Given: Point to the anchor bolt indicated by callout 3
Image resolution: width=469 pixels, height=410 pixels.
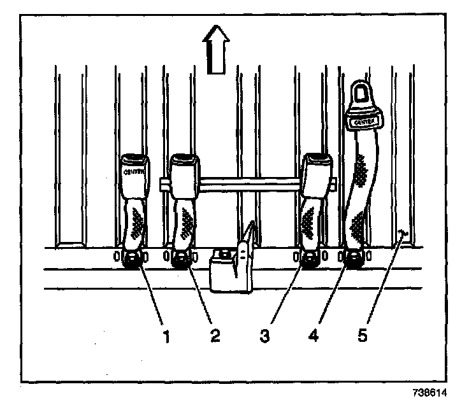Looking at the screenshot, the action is [312, 258].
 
